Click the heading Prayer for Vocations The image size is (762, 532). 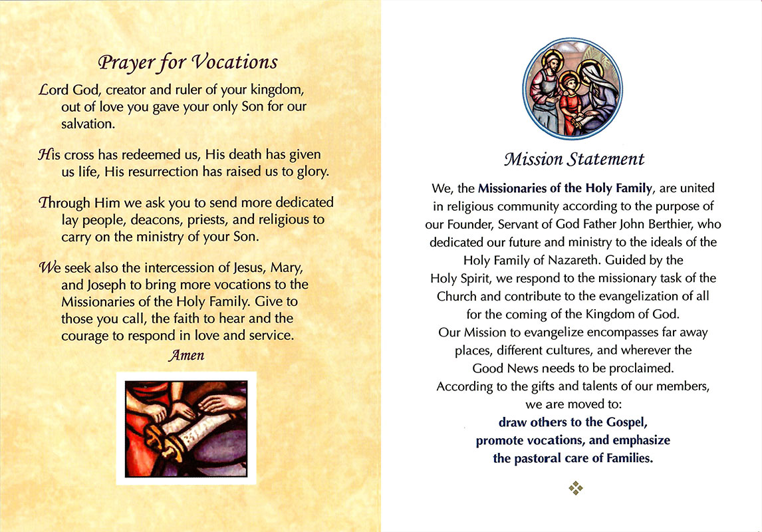tap(188, 63)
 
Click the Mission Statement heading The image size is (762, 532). tap(573, 160)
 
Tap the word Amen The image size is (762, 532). tap(187, 355)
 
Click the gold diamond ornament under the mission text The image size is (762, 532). tap(576, 488)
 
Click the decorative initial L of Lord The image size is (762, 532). tap(45, 90)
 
